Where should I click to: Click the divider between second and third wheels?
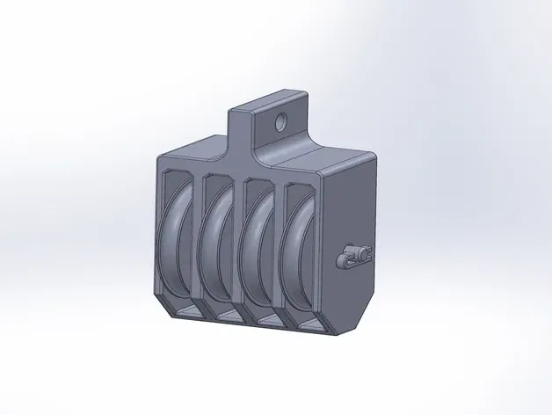[x=240, y=251]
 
